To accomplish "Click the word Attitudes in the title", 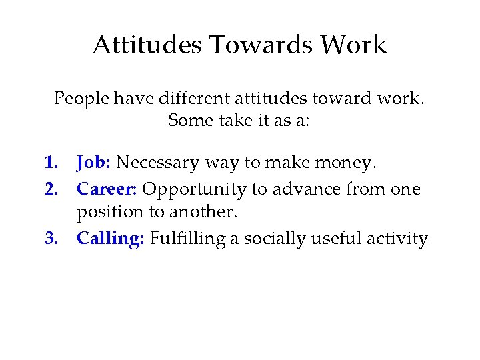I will click(147, 45).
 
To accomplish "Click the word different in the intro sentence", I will click(197, 99).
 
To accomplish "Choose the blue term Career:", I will click(107, 189).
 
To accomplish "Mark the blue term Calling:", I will click(110, 239).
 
